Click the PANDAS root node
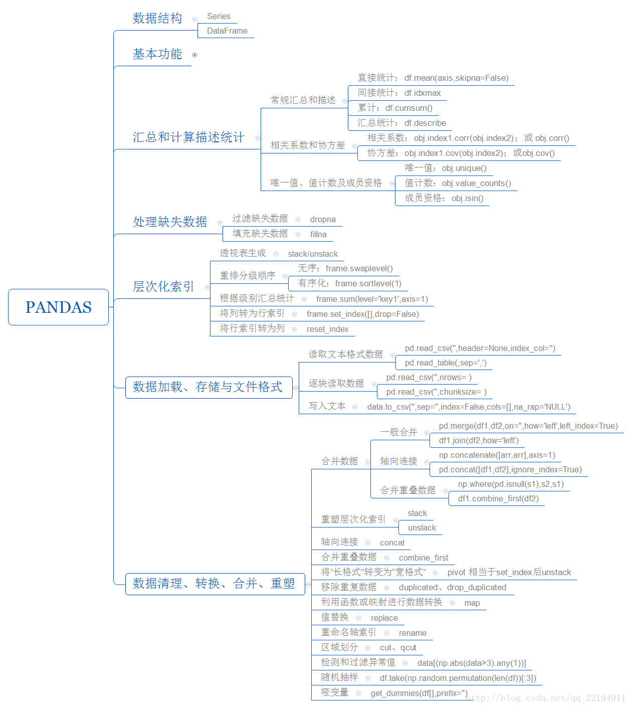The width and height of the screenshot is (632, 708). coord(58,307)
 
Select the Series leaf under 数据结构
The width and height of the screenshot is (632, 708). coord(219,16)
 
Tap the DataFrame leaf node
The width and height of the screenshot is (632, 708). coord(227,31)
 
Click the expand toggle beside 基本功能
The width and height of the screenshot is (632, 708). coord(194,55)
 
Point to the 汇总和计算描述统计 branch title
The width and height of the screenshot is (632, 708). coord(188,137)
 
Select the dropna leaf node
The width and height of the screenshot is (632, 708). coord(322,220)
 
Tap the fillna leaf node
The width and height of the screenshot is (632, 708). coord(318,235)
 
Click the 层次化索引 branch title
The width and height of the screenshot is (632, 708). coord(163,286)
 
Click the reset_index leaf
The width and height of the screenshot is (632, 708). coord(327,329)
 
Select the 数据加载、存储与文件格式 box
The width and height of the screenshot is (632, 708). coord(209,387)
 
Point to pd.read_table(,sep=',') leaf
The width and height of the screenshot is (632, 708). coord(446,363)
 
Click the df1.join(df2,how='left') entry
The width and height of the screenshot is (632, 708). coord(479,440)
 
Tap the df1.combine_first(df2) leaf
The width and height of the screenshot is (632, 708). coord(498,498)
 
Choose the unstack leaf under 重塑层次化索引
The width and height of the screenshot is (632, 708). coord(422,527)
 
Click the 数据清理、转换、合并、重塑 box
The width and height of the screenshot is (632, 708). coord(215,584)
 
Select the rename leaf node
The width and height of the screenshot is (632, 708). coord(412,633)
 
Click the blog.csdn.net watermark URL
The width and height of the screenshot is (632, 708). coord(545,698)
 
